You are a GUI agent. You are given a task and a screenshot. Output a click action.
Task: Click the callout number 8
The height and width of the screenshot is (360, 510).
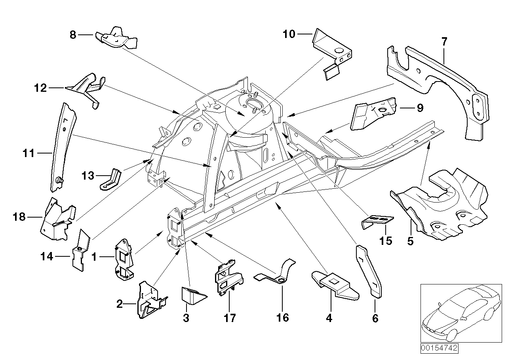tap(72, 35)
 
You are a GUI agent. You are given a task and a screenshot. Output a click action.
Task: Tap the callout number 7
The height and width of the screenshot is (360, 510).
tap(444, 41)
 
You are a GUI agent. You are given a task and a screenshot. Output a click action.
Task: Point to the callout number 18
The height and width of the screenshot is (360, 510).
tap(19, 217)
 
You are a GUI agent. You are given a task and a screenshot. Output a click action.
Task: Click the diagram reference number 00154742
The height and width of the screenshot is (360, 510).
tap(439, 349)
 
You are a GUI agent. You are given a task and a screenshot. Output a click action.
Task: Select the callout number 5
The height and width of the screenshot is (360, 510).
tap(410, 241)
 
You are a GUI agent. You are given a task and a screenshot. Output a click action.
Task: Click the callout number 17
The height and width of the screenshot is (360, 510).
tap(230, 317)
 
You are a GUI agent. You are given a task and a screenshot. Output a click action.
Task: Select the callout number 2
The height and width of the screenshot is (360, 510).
tap(120, 304)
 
